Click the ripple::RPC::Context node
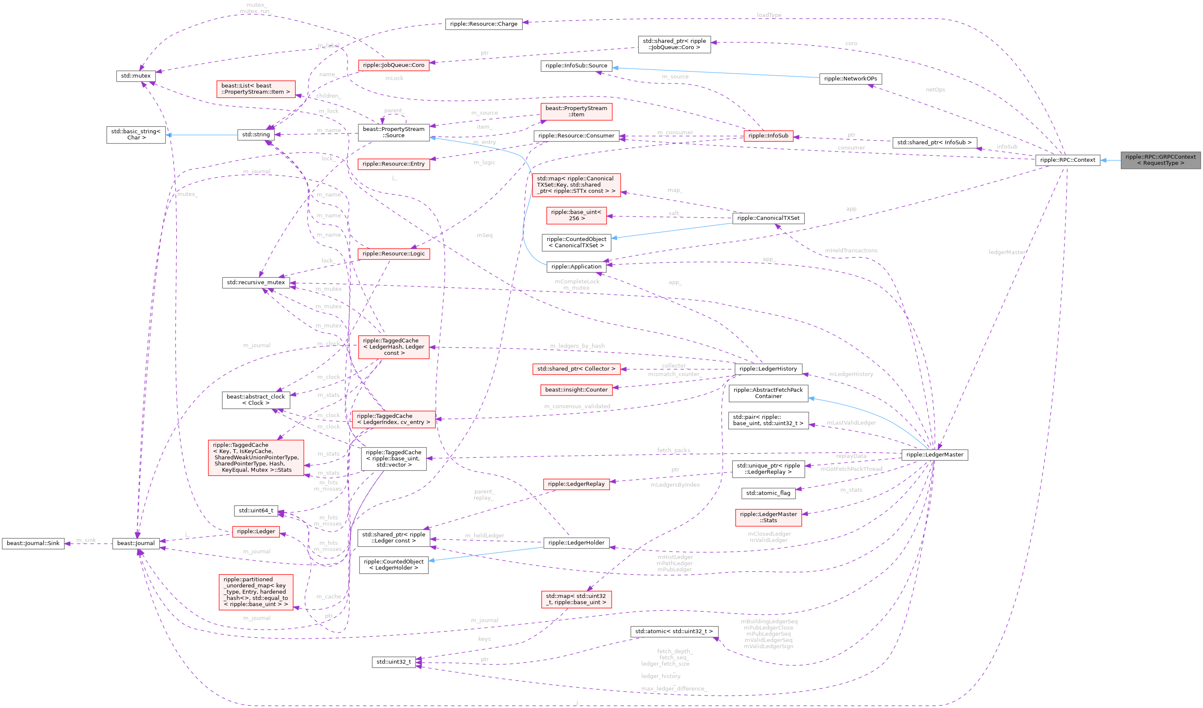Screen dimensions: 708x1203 tap(1067, 160)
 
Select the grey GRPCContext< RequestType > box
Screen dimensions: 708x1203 tap(1160, 160)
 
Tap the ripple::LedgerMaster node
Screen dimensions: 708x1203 tap(934, 454)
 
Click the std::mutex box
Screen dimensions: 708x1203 tap(136, 76)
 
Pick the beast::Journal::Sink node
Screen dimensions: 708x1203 tap(33, 543)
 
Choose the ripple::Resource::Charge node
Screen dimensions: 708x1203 tap(483, 24)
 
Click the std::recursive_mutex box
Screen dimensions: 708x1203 tap(255, 282)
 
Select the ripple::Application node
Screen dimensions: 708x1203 tap(576, 267)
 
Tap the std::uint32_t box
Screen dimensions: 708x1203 tap(394, 662)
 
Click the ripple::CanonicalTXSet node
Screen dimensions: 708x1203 tap(768, 218)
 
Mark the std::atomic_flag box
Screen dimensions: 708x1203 tap(768, 493)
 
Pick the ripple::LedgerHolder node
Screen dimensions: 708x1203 tap(576, 542)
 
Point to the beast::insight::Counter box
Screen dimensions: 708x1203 tap(576, 390)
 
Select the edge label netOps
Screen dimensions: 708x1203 tap(935, 90)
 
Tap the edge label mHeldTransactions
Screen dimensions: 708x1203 tap(851, 251)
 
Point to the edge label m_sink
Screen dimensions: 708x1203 tap(86, 540)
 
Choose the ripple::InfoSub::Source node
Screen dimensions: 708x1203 tap(576, 66)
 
